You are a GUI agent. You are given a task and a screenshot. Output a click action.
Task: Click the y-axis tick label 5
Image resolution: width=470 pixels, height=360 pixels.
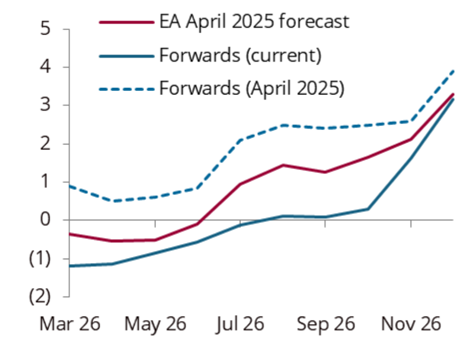[x=46, y=29]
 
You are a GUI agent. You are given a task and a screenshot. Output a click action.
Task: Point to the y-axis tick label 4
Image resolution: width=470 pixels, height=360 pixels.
[x=46, y=67]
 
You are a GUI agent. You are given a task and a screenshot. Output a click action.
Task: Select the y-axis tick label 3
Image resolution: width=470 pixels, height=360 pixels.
[x=46, y=105]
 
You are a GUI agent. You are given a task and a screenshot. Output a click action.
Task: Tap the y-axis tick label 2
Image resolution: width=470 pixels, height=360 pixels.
[x=46, y=144]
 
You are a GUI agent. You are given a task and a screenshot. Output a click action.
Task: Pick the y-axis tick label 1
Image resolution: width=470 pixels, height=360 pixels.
[x=46, y=182]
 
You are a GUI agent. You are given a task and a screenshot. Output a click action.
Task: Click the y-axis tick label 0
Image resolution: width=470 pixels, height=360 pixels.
[x=46, y=220]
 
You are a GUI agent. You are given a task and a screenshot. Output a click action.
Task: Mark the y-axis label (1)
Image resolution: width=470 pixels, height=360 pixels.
[x=41, y=259]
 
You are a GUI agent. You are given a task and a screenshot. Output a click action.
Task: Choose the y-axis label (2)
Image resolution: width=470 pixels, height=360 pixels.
[x=41, y=297]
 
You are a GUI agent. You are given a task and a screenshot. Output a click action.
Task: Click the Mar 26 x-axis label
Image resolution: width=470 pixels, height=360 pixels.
[x=70, y=324]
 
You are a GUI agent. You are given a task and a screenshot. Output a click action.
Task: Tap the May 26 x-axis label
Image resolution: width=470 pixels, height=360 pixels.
[x=155, y=324]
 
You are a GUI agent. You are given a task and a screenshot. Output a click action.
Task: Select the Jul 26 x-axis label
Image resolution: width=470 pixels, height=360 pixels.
[x=240, y=324]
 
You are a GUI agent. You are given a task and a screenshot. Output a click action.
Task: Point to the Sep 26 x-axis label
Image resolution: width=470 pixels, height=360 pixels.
[x=326, y=324]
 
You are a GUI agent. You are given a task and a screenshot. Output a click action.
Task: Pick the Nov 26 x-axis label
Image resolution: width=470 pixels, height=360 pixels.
[x=411, y=324]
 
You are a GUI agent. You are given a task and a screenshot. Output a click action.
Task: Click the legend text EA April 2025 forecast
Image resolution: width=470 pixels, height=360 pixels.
[x=254, y=22]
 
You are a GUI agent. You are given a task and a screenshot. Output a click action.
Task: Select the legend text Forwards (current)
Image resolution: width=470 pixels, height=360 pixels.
[x=240, y=55]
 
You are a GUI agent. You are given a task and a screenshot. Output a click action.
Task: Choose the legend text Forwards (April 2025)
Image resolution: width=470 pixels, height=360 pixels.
[x=251, y=89]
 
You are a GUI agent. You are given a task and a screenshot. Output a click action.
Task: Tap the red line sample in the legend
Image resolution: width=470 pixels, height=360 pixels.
[x=127, y=22]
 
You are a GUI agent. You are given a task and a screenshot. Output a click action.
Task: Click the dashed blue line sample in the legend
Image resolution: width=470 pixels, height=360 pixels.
[x=127, y=89]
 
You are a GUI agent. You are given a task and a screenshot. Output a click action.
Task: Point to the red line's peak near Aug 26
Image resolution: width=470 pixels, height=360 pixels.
[x=282, y=165]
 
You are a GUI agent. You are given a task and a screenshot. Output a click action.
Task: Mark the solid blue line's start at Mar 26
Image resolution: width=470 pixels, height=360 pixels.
[x=70, y=266]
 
